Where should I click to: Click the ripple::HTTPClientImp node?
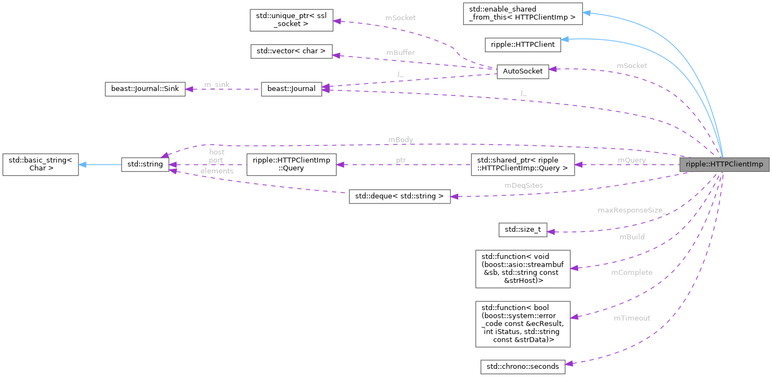pos(724,164)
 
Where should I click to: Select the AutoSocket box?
pos(522,72)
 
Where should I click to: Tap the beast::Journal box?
pos(291,89)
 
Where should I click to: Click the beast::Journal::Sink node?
pos(144,89)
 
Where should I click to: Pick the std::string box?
pos(145,164)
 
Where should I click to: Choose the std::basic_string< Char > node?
pos(40,164)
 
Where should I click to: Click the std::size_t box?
pos(523,230)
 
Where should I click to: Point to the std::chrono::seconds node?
pos(522,366)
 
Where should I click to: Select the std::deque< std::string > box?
pos(399,196)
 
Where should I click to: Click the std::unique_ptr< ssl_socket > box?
pos(291,19)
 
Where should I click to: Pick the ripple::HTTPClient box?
pos(523,45)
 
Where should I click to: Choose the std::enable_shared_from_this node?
pos(522,13)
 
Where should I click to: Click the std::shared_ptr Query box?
pos(522,164)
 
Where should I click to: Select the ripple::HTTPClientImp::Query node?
pos(291,164)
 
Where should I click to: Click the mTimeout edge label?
pos(632,318)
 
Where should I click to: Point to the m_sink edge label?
pos(216,85)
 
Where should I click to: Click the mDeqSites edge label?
pos(524,186)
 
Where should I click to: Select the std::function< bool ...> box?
pos(522,324)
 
